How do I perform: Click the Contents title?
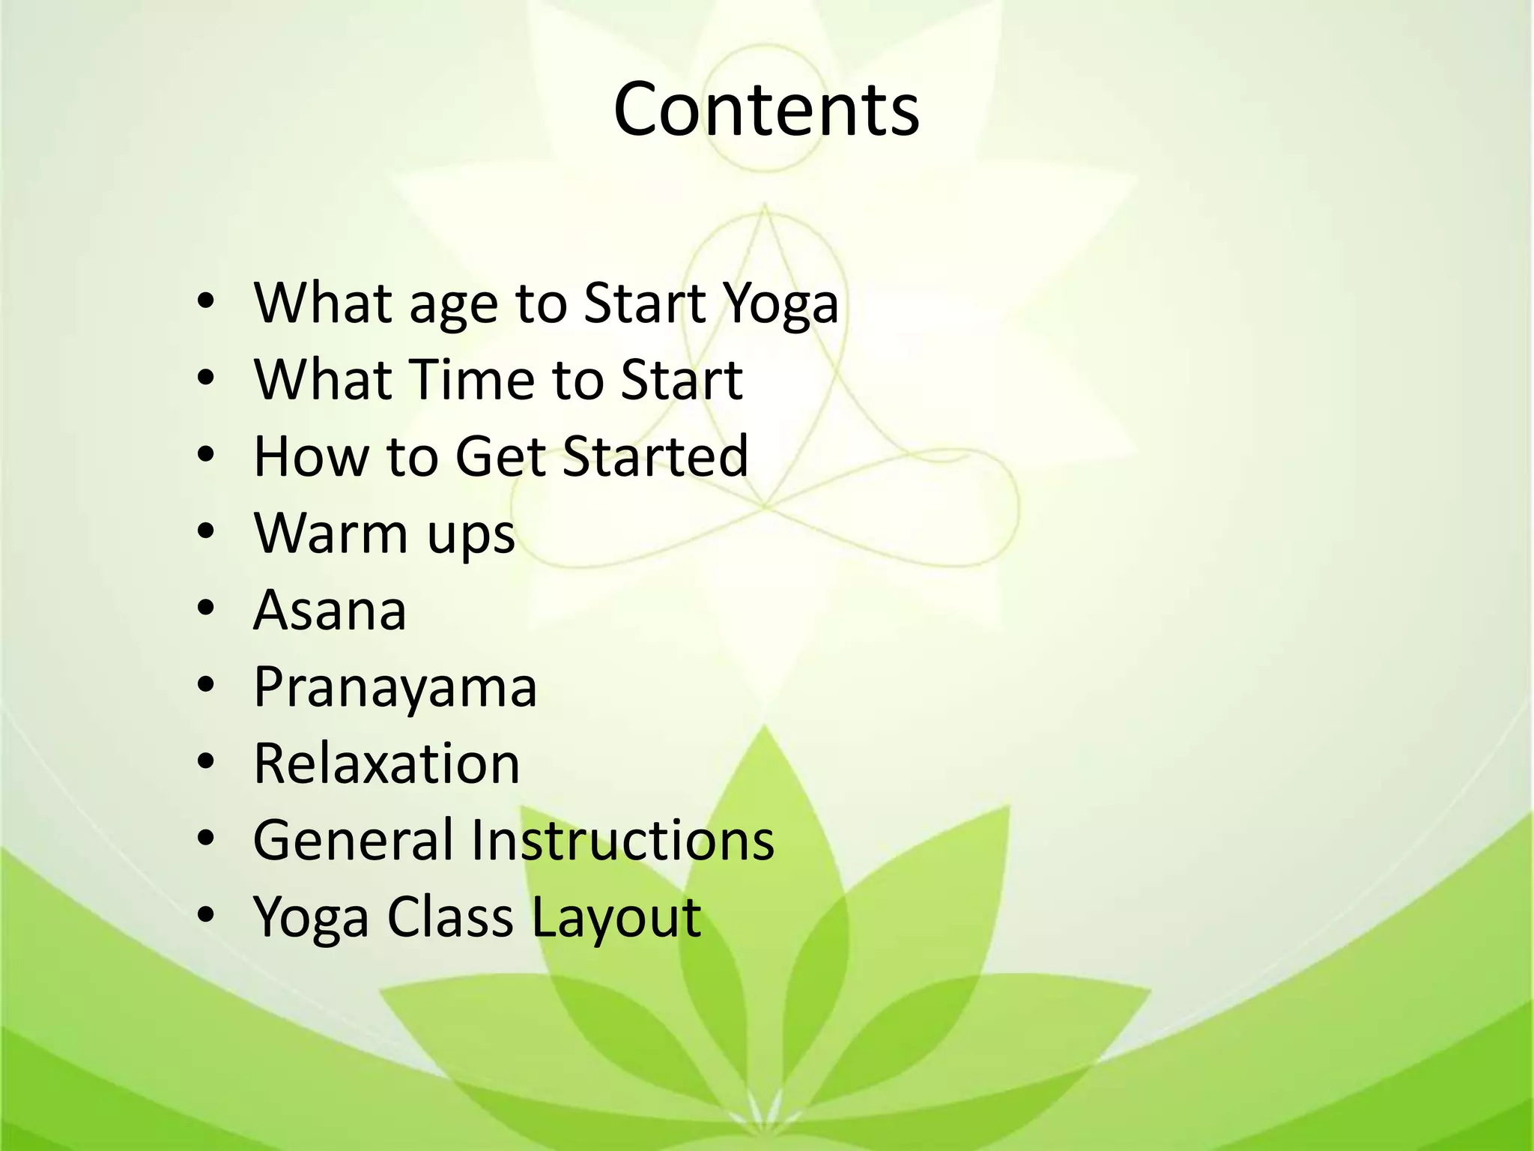point(766,110)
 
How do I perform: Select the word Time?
point(472,380)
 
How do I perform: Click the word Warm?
point(330,534)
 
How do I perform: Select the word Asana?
point(330,610)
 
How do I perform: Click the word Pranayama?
point(395,689)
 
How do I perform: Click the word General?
point(352,840)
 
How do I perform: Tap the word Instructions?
point(622,840)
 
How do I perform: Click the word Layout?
point(616,919)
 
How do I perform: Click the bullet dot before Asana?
point(206,608)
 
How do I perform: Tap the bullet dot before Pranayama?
point(206,686)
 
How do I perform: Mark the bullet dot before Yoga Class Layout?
point(206,916)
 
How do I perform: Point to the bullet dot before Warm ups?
point(206,532)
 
